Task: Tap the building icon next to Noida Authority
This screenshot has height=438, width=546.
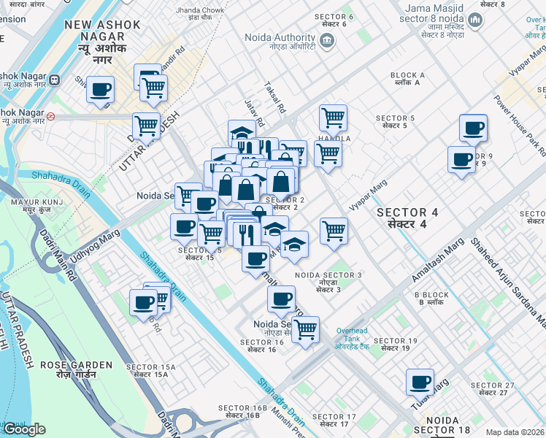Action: click(x=327, y=41)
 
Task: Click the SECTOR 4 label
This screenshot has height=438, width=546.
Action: click(x=407, y=217)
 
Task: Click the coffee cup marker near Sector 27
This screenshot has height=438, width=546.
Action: click(x=420, y=383)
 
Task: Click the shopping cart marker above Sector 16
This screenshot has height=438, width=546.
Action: click(x=305, y=329)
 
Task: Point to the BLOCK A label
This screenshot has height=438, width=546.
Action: click(x=407, y=79)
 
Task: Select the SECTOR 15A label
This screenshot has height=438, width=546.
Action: click(x=147, y=370)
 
